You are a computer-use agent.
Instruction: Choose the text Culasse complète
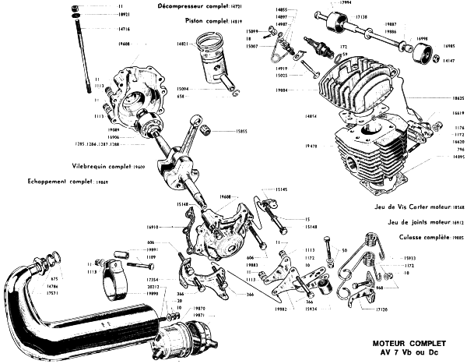[420, 235]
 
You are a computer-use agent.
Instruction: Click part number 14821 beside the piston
[181, 47]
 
